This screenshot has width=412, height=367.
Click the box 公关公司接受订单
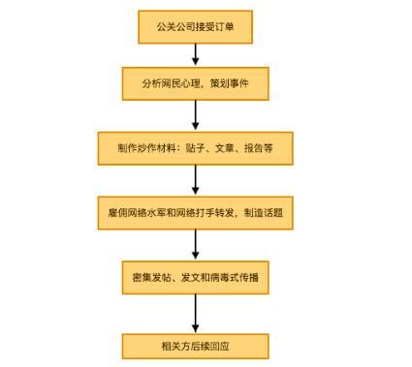click(x=196, y=27)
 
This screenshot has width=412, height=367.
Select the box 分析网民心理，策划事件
click(x=196, y=83)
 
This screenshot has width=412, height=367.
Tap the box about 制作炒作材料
click(x=196, y=148)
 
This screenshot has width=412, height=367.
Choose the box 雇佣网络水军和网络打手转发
click(x=196, y=212)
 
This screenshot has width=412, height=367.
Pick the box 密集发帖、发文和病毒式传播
click(x=196, y=278)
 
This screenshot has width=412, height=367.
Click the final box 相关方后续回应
click(x=196, y=345)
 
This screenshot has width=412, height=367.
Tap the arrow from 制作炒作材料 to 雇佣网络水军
click(x=196, y=180)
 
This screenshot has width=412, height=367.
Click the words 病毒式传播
click(x=238, y=278)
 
